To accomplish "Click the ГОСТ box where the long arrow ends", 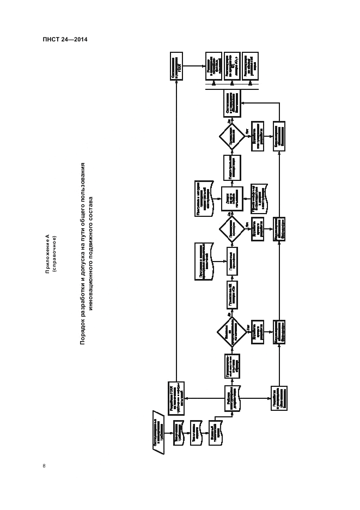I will [x=176, y=66].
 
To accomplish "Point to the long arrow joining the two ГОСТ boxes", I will [x=176, y=229].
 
